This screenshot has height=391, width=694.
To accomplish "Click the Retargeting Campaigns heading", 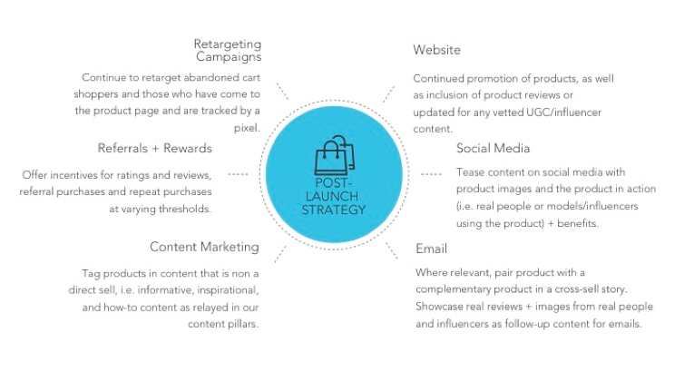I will point(228,51).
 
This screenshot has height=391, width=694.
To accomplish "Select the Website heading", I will point(437,50).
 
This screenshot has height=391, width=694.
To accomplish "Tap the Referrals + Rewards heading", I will point(155,148).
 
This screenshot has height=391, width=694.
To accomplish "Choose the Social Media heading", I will point(494,148).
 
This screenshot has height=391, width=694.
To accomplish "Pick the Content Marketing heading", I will point(204,247).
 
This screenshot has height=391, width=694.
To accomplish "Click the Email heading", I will point(432,248).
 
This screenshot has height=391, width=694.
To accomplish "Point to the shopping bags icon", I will point(333,157).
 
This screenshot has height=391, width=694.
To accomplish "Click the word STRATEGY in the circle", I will point(334,210).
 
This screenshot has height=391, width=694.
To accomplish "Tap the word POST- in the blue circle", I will point(334,183).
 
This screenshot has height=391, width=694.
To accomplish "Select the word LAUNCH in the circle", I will point(334,196).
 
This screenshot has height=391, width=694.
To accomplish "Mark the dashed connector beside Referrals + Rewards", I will point(239,173).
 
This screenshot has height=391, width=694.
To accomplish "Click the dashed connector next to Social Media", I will point(432,173).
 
